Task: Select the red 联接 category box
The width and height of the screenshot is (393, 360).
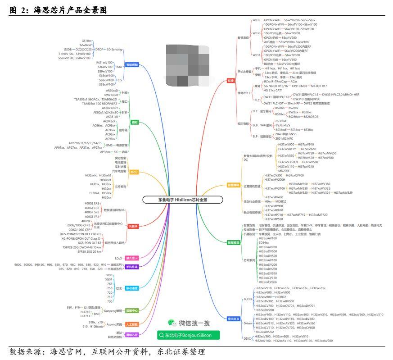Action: tap(231, 81)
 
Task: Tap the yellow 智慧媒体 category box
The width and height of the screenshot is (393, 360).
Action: tap(234, 185)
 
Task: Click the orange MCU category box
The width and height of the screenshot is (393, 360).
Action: tap(134, 172)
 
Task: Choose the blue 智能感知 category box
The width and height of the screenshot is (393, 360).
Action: tap(132, 65)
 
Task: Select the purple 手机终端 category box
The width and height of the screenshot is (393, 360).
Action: tap(132, 267)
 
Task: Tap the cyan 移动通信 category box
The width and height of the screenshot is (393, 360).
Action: tap(132, 288)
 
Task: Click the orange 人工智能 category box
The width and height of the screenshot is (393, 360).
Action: tap(132, 324)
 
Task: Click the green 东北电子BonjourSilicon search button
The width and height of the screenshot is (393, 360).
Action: tap(188, 335)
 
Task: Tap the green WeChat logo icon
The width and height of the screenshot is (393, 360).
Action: tap(172, 323)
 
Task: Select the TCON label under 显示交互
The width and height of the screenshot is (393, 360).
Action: tap(248, 299)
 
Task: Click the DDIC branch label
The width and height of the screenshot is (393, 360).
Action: tap(247, 338)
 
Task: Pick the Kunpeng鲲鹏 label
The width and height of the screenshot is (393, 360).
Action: tap(113, 310)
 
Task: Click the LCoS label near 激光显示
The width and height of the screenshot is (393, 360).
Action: tap(119, 258)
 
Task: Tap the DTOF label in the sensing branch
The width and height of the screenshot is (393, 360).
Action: tap(99, 49)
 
